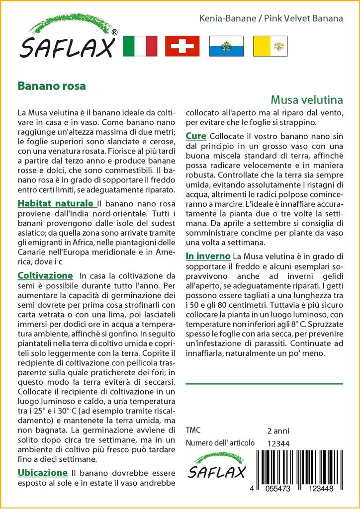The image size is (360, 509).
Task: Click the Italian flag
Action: click(140, 46)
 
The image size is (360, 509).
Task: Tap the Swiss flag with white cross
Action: click(182, 46)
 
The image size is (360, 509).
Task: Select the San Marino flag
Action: click(224, 46)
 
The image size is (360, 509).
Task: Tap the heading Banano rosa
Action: click(52, 85)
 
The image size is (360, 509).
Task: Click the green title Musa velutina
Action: click(307, 99)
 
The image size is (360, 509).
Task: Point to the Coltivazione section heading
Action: click(45, 275)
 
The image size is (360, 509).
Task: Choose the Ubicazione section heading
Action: click(42, 472)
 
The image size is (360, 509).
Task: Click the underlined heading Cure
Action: click(196, 136)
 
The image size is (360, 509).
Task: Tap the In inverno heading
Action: click(208, 256)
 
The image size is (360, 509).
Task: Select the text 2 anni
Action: click(278, 431)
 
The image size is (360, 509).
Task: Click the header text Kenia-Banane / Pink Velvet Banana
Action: click(270, 19)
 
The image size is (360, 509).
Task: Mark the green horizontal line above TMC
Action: click(264, 384)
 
